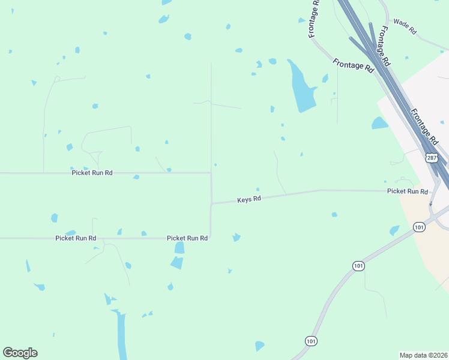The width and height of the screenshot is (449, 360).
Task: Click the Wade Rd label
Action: point(405,28)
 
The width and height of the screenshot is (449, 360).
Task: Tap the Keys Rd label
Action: point(249,199)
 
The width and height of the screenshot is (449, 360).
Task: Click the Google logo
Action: point(20,353)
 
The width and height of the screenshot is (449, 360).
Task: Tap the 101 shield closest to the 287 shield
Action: point(419,227)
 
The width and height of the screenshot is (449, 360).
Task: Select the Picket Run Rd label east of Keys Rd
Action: point(408,191)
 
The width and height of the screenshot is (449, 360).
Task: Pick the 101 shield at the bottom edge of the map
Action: point(310,341)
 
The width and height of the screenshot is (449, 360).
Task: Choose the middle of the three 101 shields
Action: point(358,266)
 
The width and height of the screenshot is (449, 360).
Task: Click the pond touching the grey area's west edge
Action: point(379,124)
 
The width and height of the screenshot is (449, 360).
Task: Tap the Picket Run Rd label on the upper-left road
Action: point(92,173)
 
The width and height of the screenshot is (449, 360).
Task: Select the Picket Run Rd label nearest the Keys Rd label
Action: point(187,238)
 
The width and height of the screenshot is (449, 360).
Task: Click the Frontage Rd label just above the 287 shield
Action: point(424,126)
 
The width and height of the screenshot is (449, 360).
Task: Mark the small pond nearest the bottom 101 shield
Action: point(259,346)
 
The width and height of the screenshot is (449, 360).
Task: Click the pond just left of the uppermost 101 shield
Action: point(394,230)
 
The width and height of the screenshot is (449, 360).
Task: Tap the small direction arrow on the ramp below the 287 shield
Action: point(430,203)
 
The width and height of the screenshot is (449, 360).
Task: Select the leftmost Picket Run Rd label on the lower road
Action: point(76,238)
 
